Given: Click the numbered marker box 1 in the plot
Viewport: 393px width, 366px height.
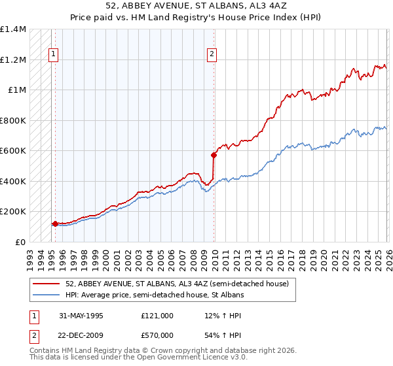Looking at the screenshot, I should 53,55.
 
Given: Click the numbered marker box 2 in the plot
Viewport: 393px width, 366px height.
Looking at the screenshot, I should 212,55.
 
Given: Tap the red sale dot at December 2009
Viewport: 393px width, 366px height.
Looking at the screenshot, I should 214,155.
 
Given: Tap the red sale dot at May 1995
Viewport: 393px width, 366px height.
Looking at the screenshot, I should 55,224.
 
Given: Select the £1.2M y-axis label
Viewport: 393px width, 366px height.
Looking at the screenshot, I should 13,59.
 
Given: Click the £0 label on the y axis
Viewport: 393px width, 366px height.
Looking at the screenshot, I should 20,242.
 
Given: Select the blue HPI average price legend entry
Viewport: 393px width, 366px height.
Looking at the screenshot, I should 155,295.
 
